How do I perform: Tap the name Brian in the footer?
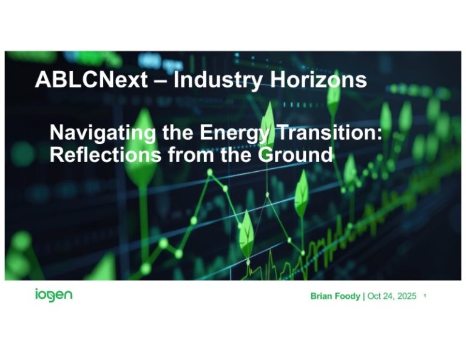point(323,296)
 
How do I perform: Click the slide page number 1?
point(426,296)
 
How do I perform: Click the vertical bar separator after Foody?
point(364,296)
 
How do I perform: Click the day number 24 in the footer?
point(388,296)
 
